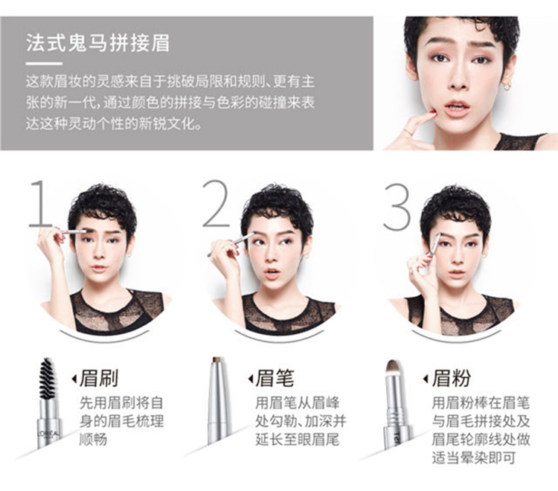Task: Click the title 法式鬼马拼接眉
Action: tap(97, 43)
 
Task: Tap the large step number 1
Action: tap(41, 204)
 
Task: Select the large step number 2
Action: tap(217, 204)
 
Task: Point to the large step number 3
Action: tap(397, 207)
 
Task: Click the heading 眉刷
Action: tap(99, 378)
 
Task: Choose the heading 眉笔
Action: tap(275, 378)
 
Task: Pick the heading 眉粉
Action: tap(452, 378)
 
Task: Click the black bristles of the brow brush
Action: tap(47, 379)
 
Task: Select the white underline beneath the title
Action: tap(44, 64)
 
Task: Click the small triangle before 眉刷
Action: tap(74, 379)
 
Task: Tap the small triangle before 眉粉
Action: tap(426, 379)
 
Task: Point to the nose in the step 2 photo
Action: tap(271, 260)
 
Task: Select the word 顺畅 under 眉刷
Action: tap(93, 440)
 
